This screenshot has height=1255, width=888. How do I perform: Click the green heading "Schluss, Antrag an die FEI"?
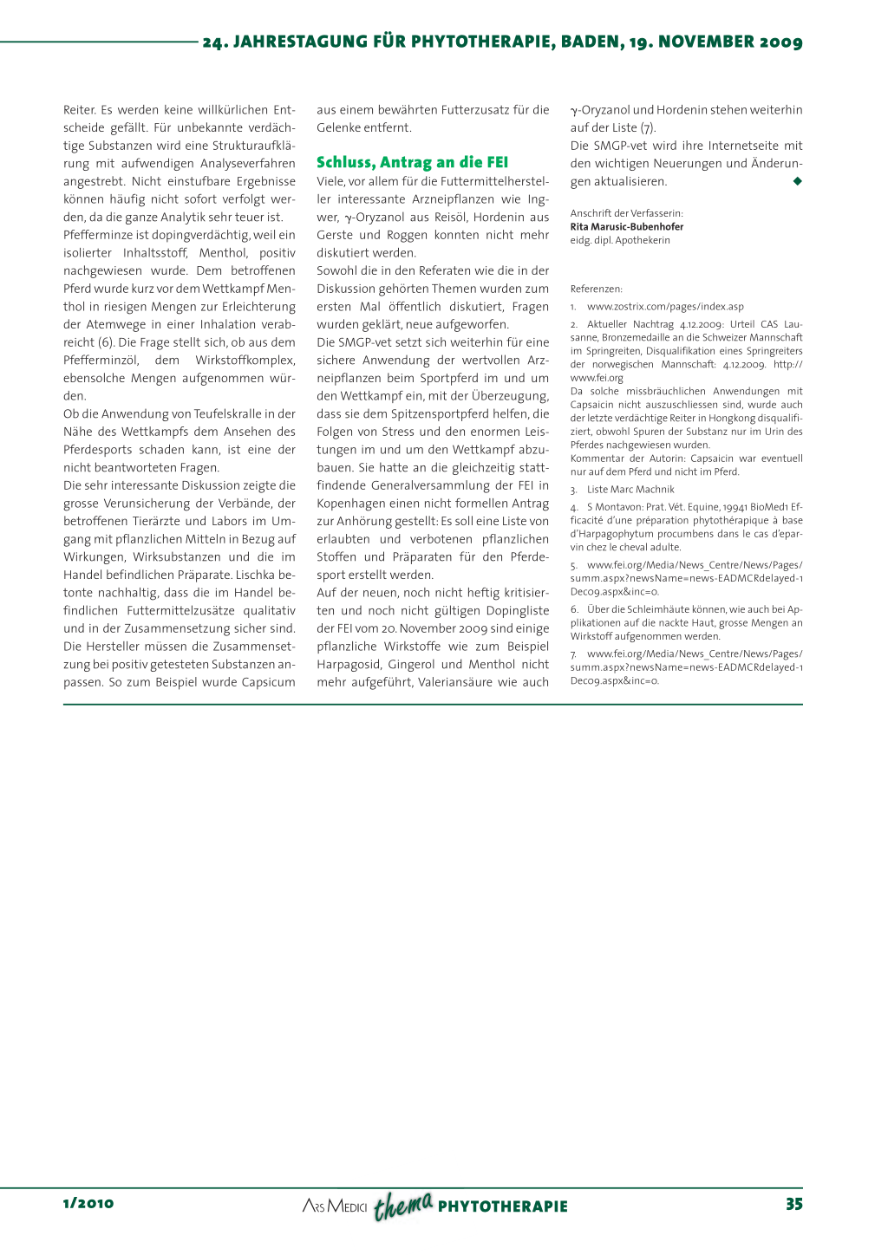point(412,162)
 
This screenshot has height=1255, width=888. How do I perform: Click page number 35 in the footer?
point(793,1204)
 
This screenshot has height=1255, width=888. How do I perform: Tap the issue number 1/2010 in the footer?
point(88,1203)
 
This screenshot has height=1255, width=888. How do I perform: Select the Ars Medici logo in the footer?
point(335,1206)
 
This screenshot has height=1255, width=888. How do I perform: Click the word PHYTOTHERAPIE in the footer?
point(503,1206)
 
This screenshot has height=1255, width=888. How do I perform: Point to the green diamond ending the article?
point(797,181)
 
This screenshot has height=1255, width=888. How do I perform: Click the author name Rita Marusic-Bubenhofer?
point(626,227)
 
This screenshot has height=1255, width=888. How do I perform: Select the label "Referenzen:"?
point(596,289)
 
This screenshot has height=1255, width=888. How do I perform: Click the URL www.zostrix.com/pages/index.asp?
point(665,307)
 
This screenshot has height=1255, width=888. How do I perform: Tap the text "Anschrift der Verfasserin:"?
point(626,213)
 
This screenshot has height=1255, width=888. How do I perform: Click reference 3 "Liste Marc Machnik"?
point(630,490)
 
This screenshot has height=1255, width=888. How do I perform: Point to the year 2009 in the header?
point(780,42)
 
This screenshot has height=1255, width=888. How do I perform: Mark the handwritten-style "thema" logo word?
point(403,1205)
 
